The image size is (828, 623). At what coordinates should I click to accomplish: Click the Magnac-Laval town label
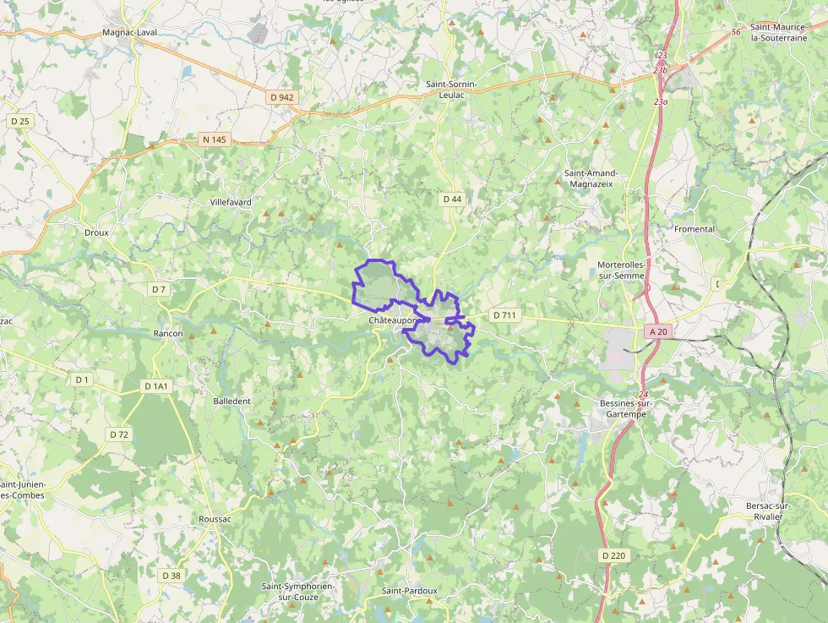click(129, 32)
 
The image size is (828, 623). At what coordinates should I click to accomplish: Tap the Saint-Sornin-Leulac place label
click(451, 90)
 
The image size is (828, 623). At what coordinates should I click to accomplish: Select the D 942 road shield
click(282, 97)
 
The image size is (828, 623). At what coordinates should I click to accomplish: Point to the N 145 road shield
click(215, 139)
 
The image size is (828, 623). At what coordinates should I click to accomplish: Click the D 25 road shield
click(20, 121)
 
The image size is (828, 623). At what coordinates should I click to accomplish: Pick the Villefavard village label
click(231, 202)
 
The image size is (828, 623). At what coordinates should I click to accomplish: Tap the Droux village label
click(96, 232)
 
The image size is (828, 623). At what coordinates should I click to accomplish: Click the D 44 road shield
click(452, 199)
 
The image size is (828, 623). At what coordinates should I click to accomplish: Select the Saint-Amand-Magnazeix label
click(591, 178)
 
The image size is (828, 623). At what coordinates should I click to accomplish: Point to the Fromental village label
click(695, 229)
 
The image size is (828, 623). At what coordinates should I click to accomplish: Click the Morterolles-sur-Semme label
click(621, 270)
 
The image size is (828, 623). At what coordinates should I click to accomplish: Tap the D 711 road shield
click(504, 315)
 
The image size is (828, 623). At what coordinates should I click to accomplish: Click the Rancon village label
click(168, 333)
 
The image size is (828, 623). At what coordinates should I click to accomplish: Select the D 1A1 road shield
click(156, 386)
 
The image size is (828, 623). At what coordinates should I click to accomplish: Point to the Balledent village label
click(232, 401)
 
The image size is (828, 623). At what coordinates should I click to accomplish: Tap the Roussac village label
click(215, 519)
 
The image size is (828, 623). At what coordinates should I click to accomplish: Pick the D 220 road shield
click(614, 555)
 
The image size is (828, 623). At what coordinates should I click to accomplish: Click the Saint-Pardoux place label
click(410, 590)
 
